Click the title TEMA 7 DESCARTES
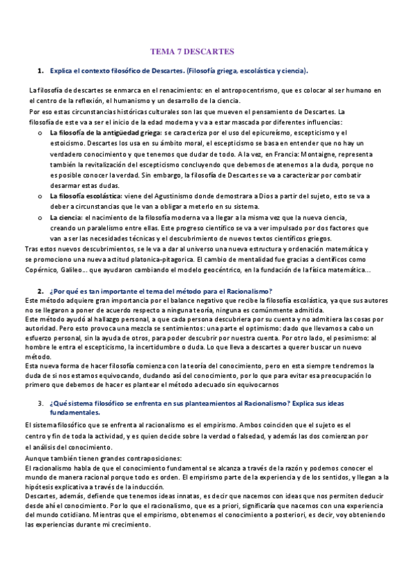click(193, 52)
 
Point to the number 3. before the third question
click(41, 402)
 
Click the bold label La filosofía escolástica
click(82, 196)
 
